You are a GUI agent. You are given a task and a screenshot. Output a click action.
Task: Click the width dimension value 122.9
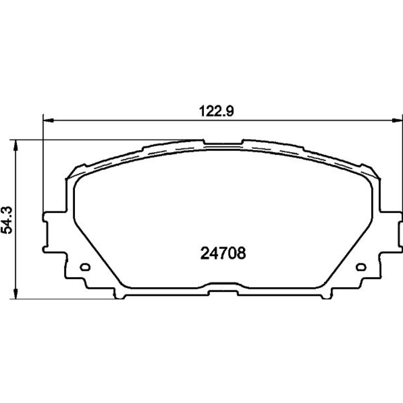pyautogui.click(x=216, y=112)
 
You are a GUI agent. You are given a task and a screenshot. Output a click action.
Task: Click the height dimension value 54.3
pyautogui.click(x=7, y=220)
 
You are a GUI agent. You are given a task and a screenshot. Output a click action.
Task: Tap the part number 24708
pyautogui.click(x=223, y=253)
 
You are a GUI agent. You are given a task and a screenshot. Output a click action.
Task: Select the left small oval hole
pyautogui.click(x=85, y=267)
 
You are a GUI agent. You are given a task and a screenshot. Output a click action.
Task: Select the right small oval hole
pyautogui.click(x=361, y=267)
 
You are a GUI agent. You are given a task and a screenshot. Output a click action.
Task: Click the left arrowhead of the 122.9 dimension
pyautogui.click(x=49, y=120)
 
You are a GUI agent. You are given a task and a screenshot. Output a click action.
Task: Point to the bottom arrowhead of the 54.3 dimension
pyautogui.click(x=16, y=293)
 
